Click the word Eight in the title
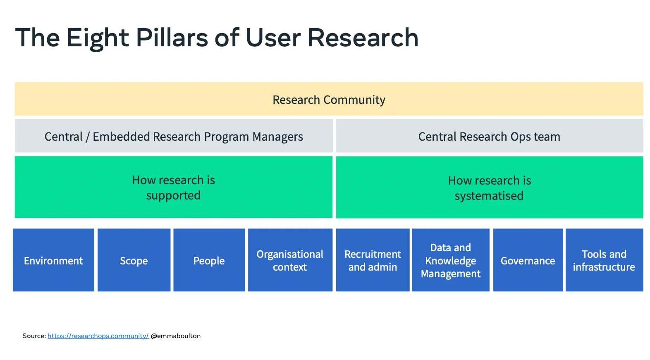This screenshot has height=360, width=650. point(98,38)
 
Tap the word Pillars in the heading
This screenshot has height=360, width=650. point(172,38)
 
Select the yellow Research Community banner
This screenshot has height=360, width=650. point(329,99)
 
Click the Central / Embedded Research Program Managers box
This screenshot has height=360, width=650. point(174,137)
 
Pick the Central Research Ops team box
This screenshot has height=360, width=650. point(489,137)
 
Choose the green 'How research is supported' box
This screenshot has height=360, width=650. point(174,187)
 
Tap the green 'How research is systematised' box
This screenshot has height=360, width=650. point(489,187)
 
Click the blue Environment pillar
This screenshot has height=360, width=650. point(53,260)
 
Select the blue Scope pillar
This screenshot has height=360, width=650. point(134,260)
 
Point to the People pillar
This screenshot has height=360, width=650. point(209,260)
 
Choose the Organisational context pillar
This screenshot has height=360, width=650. point(290,260)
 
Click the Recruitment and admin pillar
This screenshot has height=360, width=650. point(373,260)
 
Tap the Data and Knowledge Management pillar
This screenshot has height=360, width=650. point(451,260)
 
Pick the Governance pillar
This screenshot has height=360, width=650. point(528,260)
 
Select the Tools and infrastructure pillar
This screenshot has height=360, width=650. point(604,260)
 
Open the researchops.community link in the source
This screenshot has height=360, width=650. point(98,336)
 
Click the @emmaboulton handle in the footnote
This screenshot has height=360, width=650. point(176,336)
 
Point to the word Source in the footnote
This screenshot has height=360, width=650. point(33,336)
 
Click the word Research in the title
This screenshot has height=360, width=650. point(363,38)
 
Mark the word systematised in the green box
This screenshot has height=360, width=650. point(489,196)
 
